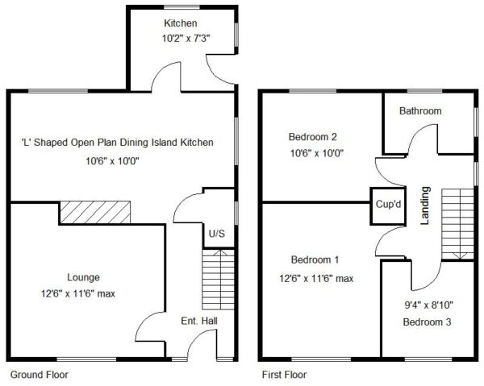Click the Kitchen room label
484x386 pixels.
pos(180,23)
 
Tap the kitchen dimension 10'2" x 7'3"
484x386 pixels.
pos(186,39)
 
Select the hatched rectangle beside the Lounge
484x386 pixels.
pos(95,213)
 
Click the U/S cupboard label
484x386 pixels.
pos(217,234)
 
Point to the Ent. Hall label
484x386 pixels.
pos(199,321)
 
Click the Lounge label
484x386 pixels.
pos(83,277)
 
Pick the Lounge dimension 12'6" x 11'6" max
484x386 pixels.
pos(78,293)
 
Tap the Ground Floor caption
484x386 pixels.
pos(40,375)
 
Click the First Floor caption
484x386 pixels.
pos(284,375)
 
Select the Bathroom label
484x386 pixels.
pos(420,110)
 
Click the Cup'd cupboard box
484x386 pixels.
pos(388,206)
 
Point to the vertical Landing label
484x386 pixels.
pos(425,205)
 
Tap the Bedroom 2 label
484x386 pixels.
pos(313,136)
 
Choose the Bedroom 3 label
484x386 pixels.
pos(428,322)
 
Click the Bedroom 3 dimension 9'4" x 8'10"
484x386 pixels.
pos(429,305)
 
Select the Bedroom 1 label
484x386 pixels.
pos(315,260)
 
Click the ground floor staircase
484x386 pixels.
pos(218,280)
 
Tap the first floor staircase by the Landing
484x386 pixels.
pos(457,224)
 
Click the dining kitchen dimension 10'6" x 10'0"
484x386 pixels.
pos(113,160)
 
